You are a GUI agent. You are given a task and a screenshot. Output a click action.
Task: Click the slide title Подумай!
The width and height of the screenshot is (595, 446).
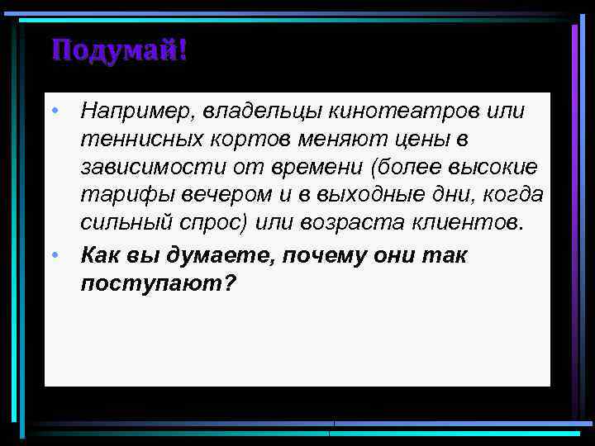pos(119,50)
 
